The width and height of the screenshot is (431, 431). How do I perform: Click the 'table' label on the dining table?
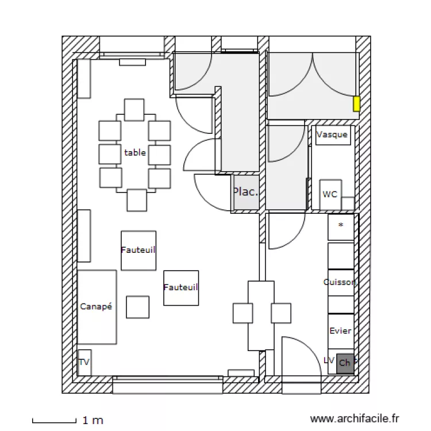135,153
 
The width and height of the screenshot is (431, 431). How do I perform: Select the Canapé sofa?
97,307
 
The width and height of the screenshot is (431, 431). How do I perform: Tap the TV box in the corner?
84,362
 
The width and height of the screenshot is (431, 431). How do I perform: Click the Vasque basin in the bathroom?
332,135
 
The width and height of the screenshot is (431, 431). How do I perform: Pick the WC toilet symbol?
330,194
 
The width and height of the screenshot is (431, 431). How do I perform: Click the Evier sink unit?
340,331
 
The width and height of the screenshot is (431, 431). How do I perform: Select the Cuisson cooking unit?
340,282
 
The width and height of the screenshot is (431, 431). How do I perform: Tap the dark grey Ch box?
345,363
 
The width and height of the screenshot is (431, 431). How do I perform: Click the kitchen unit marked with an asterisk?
341,226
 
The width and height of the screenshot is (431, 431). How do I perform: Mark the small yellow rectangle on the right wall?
356,103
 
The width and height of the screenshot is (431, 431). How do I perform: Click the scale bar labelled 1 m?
55,421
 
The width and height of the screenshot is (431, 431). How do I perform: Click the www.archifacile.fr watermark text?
354,420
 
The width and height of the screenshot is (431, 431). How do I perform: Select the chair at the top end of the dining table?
134,109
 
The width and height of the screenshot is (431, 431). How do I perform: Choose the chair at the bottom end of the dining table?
137,199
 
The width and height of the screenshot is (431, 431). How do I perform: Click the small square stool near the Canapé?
137,307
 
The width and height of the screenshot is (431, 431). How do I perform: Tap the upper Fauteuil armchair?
138,250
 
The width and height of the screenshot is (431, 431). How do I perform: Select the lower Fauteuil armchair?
181,287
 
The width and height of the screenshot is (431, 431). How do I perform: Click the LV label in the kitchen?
329,360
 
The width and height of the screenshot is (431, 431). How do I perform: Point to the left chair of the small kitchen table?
243,313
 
